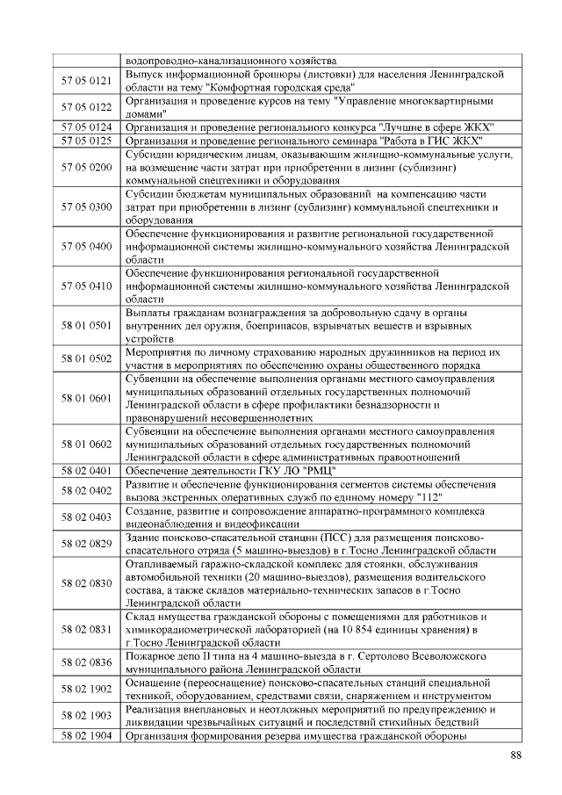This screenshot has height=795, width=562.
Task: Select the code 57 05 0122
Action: [x=86, y=107]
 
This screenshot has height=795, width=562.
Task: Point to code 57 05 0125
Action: [x=86, y=141]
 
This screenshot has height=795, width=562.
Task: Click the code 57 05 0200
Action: [x=86, y=167]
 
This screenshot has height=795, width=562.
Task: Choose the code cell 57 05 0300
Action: [x=86, y=207]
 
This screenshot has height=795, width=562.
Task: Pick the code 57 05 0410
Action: [x=86, y=286]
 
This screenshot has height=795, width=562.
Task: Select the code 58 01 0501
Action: [x=86, y=325]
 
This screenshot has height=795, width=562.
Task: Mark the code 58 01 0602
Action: [x=86, y=444]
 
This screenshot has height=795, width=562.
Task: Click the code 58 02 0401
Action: [x=86, y=471]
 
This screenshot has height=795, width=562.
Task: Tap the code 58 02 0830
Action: [x=86, y=582]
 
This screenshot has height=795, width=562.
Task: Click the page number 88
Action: [x=515, y=755]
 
